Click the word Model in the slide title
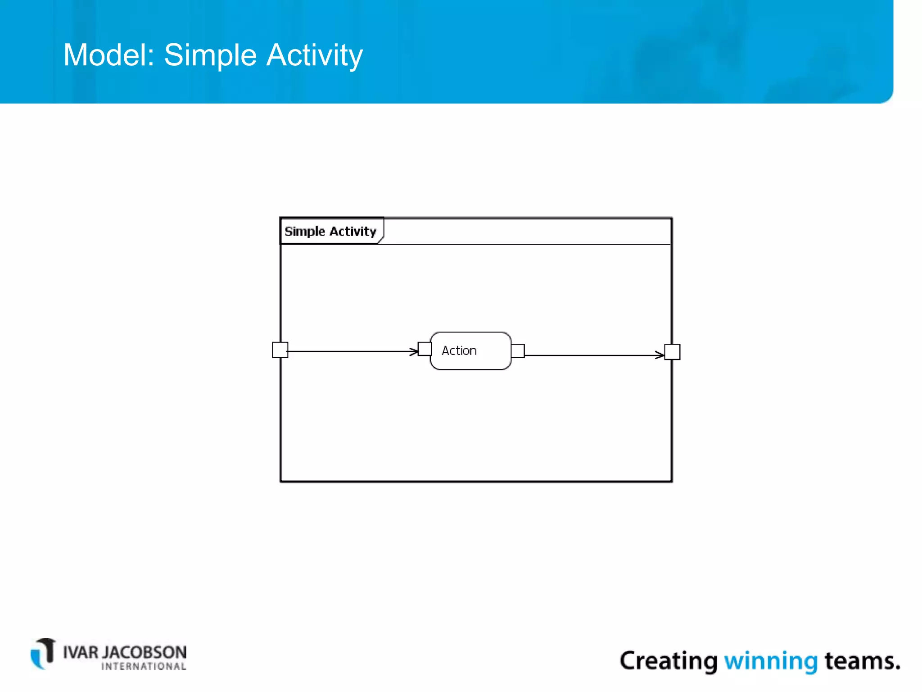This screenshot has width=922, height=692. click(x=108, y=55)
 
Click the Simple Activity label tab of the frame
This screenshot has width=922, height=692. click(x=331, y=231)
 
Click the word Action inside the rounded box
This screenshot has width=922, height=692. click(x=459, y=351)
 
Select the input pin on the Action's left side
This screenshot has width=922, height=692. click(x=425, y=349)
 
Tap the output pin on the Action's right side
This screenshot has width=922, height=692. click(x=518, y=351)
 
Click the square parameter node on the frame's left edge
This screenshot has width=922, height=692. click(x=280, y=350)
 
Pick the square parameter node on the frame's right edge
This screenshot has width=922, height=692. click(x=672, y=352)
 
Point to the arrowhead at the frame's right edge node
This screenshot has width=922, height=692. click(x=660, y=355)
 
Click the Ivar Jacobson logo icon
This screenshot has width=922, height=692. click(x=43, y=654)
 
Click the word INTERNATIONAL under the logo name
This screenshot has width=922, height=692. click(x=144, y=667)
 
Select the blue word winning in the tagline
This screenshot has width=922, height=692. click(x=771, y=661)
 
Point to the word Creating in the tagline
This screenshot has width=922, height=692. click(x=669, y=661)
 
